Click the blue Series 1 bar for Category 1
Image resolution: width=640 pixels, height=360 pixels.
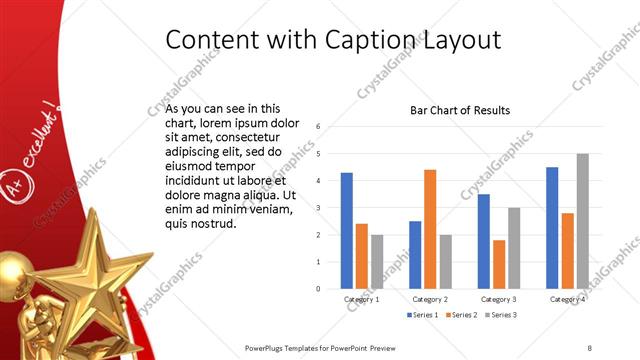click(346, 231)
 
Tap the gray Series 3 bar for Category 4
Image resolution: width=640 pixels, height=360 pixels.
click(582, 221)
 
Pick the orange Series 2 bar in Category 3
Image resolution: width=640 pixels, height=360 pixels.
click(498, 264)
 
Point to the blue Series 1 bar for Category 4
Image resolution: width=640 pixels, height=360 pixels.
click(552, 228)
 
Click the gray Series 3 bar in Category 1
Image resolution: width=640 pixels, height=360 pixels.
click(377, 262)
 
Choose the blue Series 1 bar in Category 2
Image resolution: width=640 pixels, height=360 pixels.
click(415, 255)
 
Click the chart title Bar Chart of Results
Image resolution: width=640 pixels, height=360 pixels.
click(460, 110)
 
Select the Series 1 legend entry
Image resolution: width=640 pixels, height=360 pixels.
click(425, 315)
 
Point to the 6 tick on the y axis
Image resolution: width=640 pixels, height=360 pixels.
click(317, 127)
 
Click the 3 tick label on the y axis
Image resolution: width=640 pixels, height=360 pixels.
click(317, 208)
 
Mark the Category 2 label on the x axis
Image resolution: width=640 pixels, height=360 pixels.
click(430, 299)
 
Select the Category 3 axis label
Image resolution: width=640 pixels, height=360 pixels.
click(498, 299)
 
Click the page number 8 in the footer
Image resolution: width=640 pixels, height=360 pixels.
click(589, 347)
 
